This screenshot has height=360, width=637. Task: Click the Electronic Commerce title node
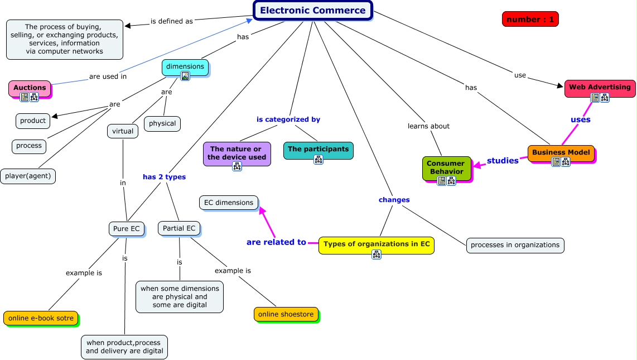point(312,11)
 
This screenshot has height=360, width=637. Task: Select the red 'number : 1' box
point(530,20)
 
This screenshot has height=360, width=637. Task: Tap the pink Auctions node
point(30,88)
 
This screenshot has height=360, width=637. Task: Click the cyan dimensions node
point(185,66)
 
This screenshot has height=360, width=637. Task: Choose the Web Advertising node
point(600,87)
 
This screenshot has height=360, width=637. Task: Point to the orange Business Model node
point(561,152)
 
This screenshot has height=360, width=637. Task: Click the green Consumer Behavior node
point(446,167)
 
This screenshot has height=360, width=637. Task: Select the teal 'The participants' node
point(318,149)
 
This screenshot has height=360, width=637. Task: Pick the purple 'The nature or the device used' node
point(237,153)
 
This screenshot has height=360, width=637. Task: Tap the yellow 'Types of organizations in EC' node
point(376,244)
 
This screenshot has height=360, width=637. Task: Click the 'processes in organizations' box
point(515,245)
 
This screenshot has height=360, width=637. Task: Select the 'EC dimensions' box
point(229,203)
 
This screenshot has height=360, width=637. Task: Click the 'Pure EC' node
point(127,229)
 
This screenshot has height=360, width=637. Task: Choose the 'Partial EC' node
point(179,228)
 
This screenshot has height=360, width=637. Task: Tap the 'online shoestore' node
point(286,314)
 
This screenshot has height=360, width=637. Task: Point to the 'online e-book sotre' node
point(40,318)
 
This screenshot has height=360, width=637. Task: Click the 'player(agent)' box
point(28,176)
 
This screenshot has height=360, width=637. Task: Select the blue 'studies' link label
point(503,161)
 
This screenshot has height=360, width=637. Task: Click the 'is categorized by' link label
point(288,119)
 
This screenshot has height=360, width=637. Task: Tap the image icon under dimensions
point(185,76)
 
